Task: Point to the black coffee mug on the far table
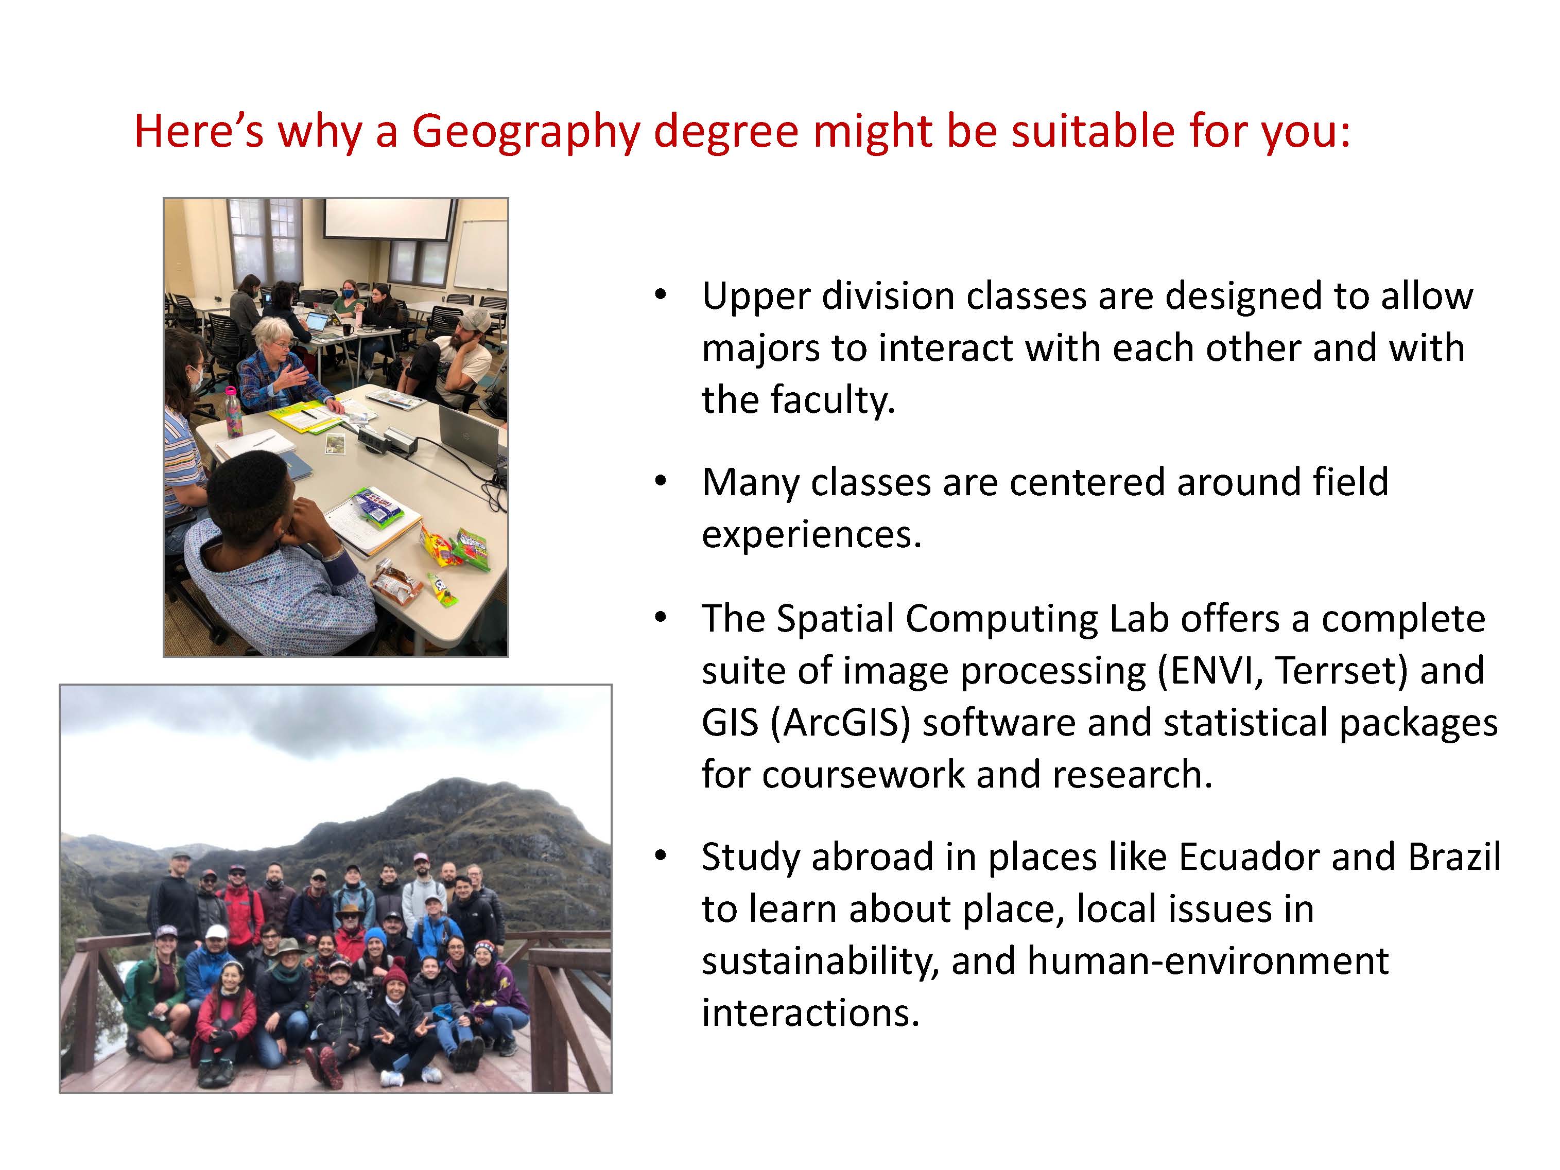[346, 329]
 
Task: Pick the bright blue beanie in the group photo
[375, 938]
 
